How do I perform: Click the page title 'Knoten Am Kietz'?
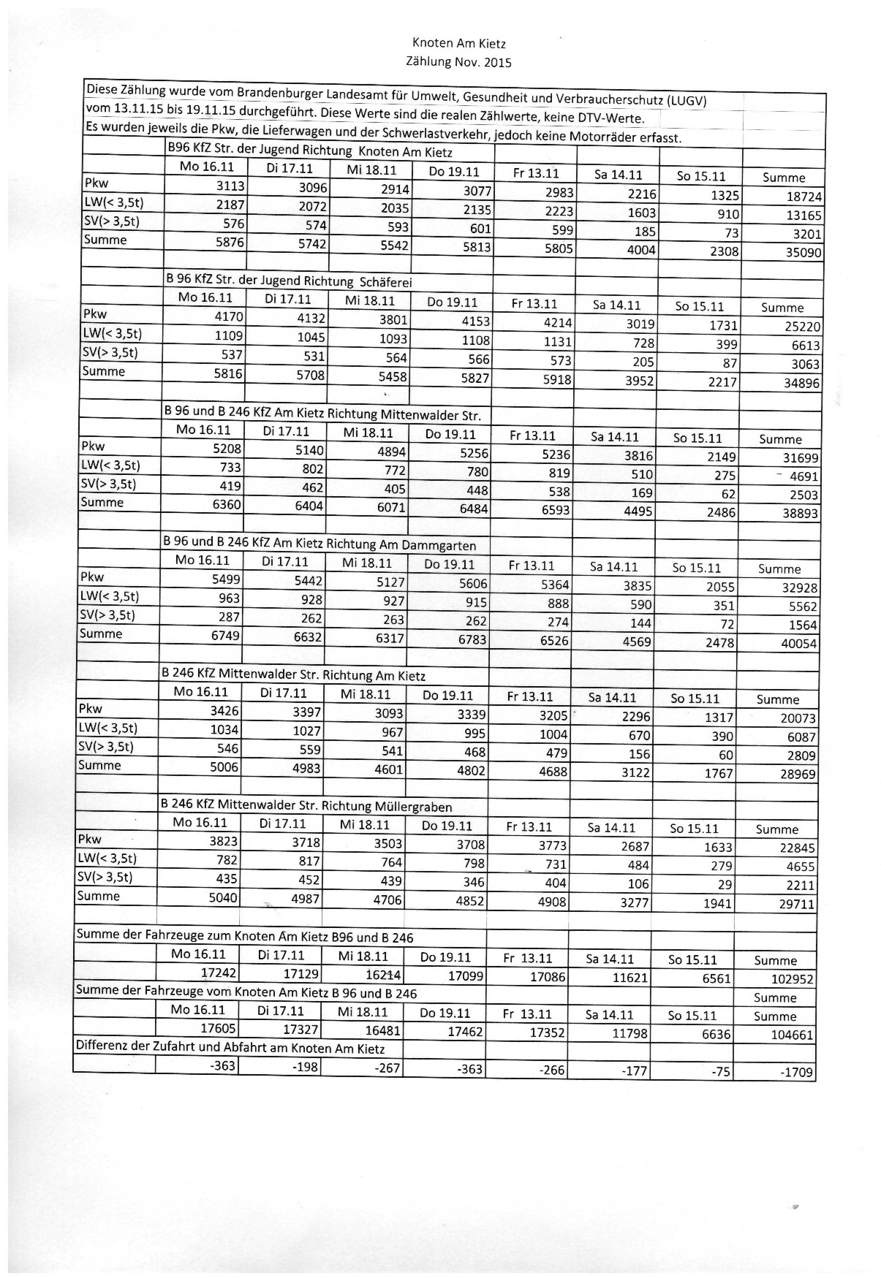click(458, 44)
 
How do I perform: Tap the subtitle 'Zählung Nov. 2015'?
click(458, 62)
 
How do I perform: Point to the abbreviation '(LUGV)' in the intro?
click(681, 100)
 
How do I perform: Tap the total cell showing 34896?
click(801, 383)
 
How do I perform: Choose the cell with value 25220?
click(802, 327)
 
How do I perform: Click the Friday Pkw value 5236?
click(556, 454)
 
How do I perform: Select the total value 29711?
click(795, 904)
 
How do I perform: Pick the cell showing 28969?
click(798, 774)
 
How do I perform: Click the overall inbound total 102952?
click(792, 979)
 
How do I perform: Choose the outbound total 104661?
click(792, 1035)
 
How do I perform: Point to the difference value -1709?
click(797, 1073)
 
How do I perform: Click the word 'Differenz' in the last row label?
click(102, 1046)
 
